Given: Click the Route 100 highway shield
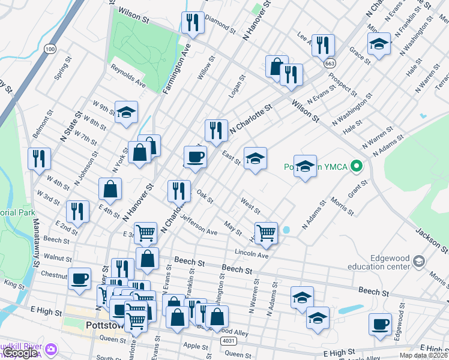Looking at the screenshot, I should click(x=50, y=48).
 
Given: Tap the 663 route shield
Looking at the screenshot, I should click(x=331, y=62).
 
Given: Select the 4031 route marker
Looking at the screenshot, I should click(x=228, y=341).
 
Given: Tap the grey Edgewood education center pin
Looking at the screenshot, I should click(x=419, y=261).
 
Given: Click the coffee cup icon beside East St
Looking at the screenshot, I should click(x=195, y=158).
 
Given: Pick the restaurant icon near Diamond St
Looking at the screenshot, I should click(x=193, y=23).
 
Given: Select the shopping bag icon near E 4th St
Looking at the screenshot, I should click(x=110, y=189).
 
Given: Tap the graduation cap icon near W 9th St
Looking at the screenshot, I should click(x=126, y=112).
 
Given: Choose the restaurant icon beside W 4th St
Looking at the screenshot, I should click(x=39, y=159).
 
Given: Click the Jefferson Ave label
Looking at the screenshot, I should click(x=199, y=225).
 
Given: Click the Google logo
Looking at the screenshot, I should click(x=20, y=353).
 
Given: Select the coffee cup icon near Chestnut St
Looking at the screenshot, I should click(x=79, y=279).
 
